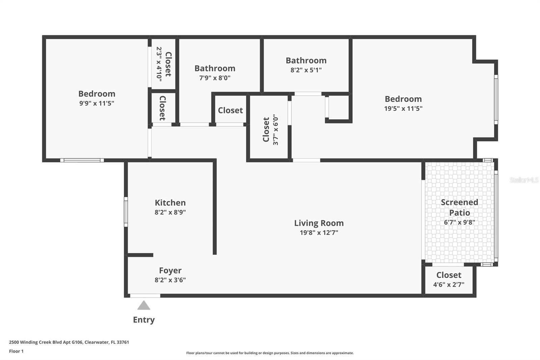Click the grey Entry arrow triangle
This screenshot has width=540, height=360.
pyautogui.click(x=144, y=306)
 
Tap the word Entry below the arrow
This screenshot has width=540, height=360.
pyautogui.click(x=144, y=320)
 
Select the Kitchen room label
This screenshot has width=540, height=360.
pyautogui.click(x=170, y=203)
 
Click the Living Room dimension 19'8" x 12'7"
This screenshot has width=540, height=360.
pyautogui.click(x=319, y=233)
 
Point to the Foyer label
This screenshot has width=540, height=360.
pyautogui.click(x=170, y=271)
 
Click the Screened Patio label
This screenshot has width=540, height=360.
pyautogui.click(x=459, y=207)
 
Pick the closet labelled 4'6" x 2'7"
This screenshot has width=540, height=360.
pyautogui.click(x=449, y=280)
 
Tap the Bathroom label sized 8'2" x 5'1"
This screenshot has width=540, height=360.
pyautogui.click(x=306, y=60)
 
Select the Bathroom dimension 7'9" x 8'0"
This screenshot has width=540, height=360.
pyautogui.click(x=215, y=78)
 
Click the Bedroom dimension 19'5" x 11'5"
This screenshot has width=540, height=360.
pyautogui.click(x=403, y=108)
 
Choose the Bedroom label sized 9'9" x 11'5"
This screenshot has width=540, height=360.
pyautogui.click(x=97, y=94)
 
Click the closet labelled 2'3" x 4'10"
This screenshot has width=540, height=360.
pyautogui.click(x=164, y=64)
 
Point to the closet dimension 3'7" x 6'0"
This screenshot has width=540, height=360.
pyautogui.click(x=276, y=130)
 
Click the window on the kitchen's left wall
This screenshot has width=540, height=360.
pyautogui.click(x=126, y=212)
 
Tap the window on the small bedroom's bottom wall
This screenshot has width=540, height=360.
pyautogui.click(x=82, y=160)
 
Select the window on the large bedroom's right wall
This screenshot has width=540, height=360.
pyautogui.click(x=496, y=99)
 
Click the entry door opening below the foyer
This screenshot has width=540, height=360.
pyautogui.click(x=145, y=296)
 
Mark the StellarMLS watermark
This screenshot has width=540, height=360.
pyautogui.click(x=524, y=180)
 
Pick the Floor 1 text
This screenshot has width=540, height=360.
pyautogui.click(x=16, y=351)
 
